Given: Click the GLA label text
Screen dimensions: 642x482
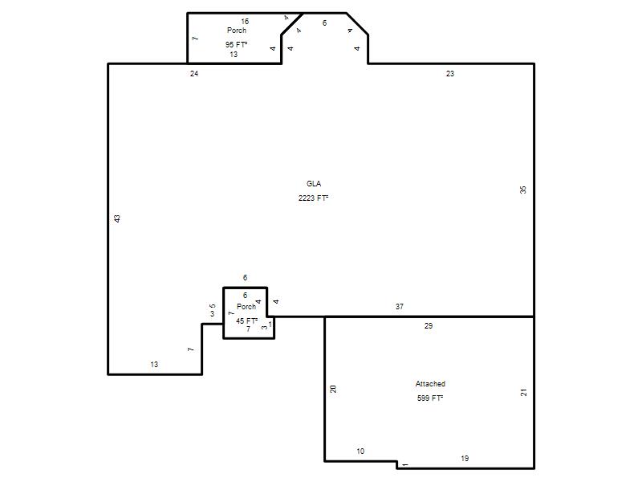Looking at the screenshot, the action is tap(314, 184).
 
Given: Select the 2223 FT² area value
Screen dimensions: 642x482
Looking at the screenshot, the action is tap(313, 198).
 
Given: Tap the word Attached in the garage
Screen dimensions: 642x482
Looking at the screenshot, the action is tap(430, 384).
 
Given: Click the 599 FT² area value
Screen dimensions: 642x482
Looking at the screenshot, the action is tap(430, 398).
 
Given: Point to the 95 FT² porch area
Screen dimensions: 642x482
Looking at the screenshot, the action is tap(236, 44).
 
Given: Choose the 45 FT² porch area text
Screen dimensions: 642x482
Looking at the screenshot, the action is tap(247, 321).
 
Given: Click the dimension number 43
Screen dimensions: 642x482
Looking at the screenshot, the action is tap(117, 219).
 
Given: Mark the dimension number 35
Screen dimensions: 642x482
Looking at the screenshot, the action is tap(523, 190).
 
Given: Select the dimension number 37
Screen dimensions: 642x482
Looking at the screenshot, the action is tap(400, 306).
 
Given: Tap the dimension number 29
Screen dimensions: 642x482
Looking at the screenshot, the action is tap(429, 326).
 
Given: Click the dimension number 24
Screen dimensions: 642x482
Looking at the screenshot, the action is tap(194, 73).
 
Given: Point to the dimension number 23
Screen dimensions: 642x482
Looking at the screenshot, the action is tap(450, 73).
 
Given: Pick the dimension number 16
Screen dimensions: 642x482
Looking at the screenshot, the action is tap(245, 22).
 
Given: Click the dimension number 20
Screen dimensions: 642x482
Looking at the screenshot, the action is tap(333, 389).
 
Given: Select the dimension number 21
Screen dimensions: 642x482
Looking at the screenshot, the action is tap(524, 393).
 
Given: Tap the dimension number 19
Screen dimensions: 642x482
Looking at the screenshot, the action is tap(465, 458).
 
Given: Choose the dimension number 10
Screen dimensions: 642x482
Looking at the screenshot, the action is tap(360, 451).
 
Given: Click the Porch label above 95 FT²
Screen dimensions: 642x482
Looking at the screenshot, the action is tap(237, 31).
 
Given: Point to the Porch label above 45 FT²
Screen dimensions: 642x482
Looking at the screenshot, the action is tap(246, 307).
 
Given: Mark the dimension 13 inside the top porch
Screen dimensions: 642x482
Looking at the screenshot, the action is tap(234, 54).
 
